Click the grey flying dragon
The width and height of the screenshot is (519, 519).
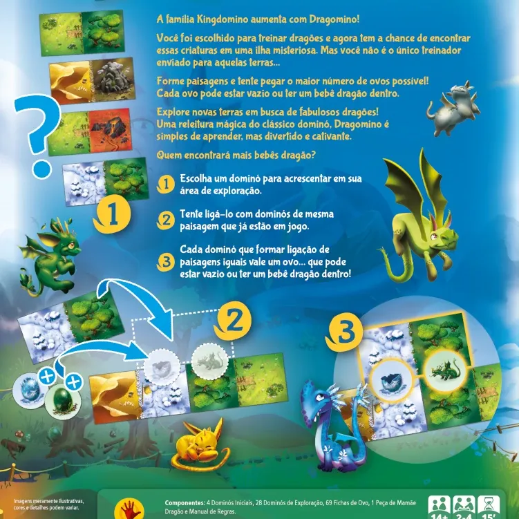pos(453,108)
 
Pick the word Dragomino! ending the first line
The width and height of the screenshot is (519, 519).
pos(334,19)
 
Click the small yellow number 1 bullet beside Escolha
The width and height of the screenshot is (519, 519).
pos(165,184)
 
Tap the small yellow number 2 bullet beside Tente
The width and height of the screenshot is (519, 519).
pos(165,220)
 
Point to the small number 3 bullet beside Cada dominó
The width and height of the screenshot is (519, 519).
pos(165,262)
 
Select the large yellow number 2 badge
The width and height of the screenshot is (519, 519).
pos(234,321)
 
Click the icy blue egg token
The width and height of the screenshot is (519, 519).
pos(30,390)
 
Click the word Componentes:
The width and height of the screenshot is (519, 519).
pos(185,503)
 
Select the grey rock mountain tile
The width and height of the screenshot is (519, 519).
pos(113,79)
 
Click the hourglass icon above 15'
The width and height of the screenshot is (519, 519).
pos(489,505)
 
